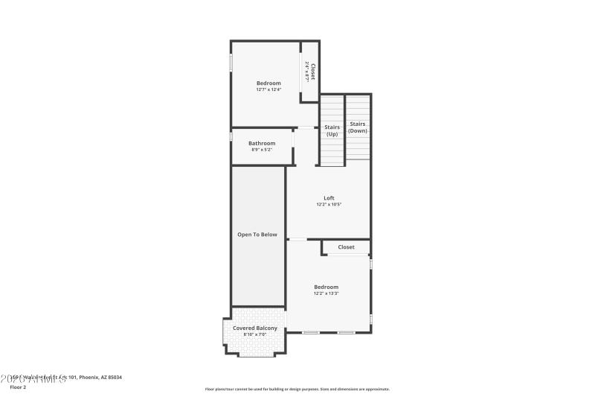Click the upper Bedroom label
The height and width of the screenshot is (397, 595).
point(268,83)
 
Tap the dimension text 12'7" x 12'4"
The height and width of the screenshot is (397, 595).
point(268,89)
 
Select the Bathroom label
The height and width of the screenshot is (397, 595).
point(262,143)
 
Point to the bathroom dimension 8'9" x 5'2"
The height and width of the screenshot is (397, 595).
point(262,150)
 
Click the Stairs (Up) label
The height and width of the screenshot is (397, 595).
point(332,130)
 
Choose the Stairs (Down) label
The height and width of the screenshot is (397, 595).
point(358,127)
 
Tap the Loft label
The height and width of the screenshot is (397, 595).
point(329,197)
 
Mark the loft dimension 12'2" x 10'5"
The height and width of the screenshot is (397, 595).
point(329,204)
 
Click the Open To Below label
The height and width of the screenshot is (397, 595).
point(257,235)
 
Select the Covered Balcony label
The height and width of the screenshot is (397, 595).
point(255,328)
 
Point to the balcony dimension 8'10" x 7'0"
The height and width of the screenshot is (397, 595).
point(255,334)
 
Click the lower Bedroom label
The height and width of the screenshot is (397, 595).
point(326,287)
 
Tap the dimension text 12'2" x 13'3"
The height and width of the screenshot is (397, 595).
point(326,293)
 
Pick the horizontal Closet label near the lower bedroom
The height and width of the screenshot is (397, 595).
point(346,247)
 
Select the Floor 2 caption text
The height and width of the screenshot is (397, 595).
point(19,387)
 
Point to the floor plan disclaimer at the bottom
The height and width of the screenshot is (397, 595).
point(297,389)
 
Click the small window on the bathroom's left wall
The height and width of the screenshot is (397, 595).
point(231,138)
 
